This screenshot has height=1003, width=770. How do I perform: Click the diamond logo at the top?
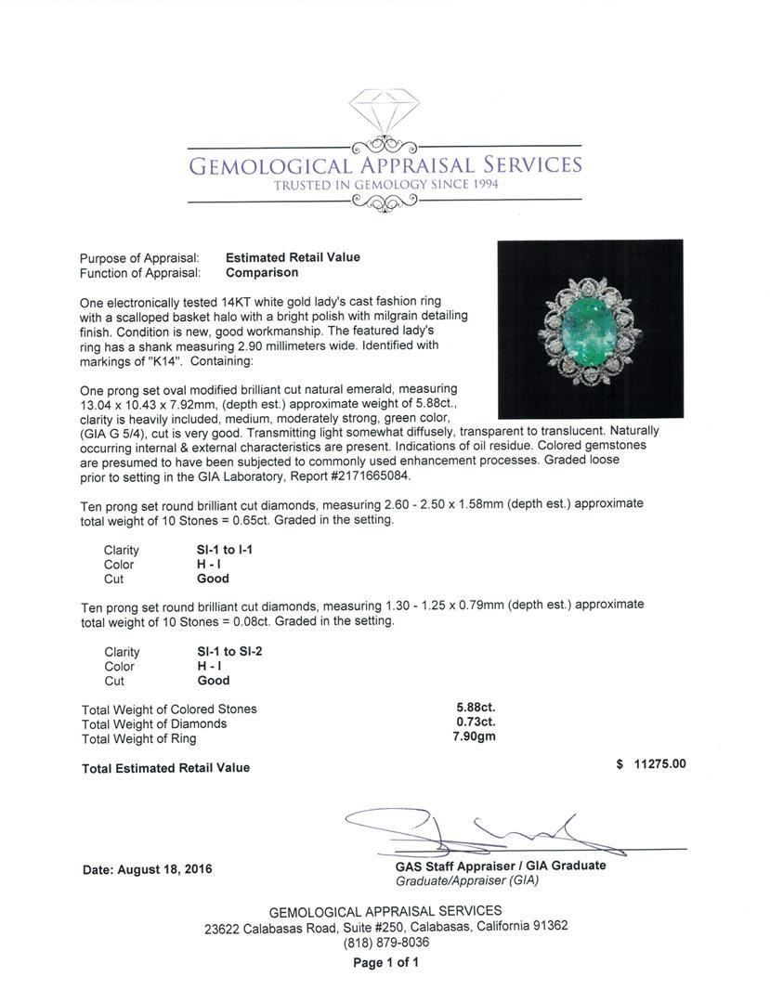(384, 111)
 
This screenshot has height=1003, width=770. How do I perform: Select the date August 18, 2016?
(147, 869)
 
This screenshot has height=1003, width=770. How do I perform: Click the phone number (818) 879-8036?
(385, 943)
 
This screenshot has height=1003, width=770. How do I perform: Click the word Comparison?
(262, 273)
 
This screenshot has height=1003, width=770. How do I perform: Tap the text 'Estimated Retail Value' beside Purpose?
(293, 257)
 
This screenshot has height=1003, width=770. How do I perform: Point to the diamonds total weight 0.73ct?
(475, 723)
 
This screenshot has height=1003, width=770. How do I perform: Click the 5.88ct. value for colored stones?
(475, 709)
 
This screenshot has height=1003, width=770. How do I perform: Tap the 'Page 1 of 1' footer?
(385, 963)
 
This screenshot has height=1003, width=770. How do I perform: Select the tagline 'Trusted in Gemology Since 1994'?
(385, 186)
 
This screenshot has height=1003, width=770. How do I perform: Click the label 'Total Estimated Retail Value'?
(165, 768)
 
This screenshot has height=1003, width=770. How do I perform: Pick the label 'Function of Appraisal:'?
(140, 273)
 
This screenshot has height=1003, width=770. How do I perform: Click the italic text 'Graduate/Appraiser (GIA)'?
(466, 880)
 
